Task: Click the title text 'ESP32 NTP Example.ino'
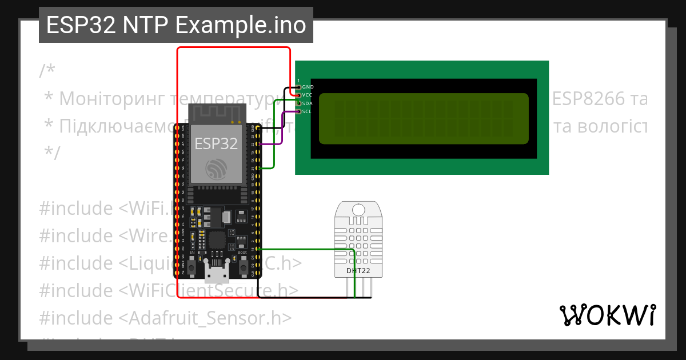pyautogui.click(x=176, y=25)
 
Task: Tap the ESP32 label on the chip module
pyautogui.click(x=216, y=143)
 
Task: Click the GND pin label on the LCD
pyautogui.click(x=308, y=87)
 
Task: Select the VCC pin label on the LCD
pyautogui.click(x=308, y=95)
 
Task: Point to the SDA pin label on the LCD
pyautogui.click(x=308, y=103)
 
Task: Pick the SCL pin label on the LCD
pyautogui.click(x=307, y=111)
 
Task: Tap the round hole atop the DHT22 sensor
pyautogui.click(x=359, y=210)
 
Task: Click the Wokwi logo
pyautogui.click(x=608, y=315)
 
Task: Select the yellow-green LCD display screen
pyautogui.click(x=424, y=118)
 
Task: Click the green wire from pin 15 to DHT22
pyautogui.click(x=309, y=249)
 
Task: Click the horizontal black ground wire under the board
pyautogui.click(x=314, y=298)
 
